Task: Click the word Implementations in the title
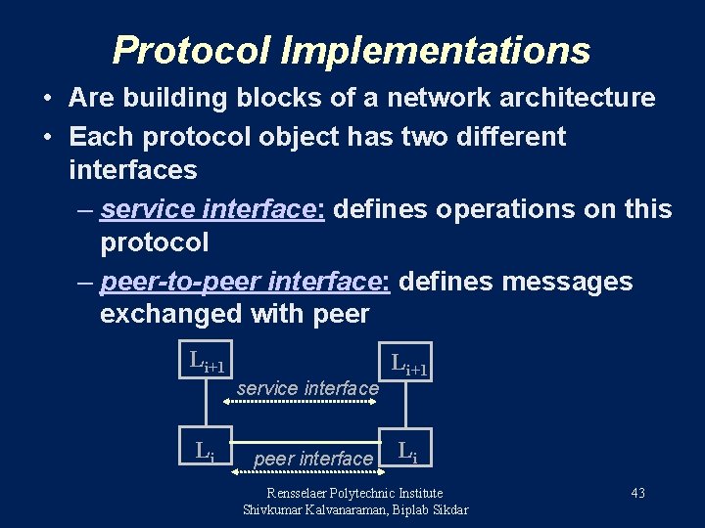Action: pyautogui.click(x=436, y=50)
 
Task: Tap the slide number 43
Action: pyautogui.click(x=637, y=493)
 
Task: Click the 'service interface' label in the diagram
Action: pyautogui.click(x=307, y=388)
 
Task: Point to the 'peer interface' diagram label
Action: pyautogui.click(x=313, y=459)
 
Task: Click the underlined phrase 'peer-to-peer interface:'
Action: pyautogui.click(x=246, y=282)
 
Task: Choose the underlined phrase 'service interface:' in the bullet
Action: pyautogui.click(x=216, y=209)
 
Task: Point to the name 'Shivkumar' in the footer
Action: pyautogui.click(x=275, y=509)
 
